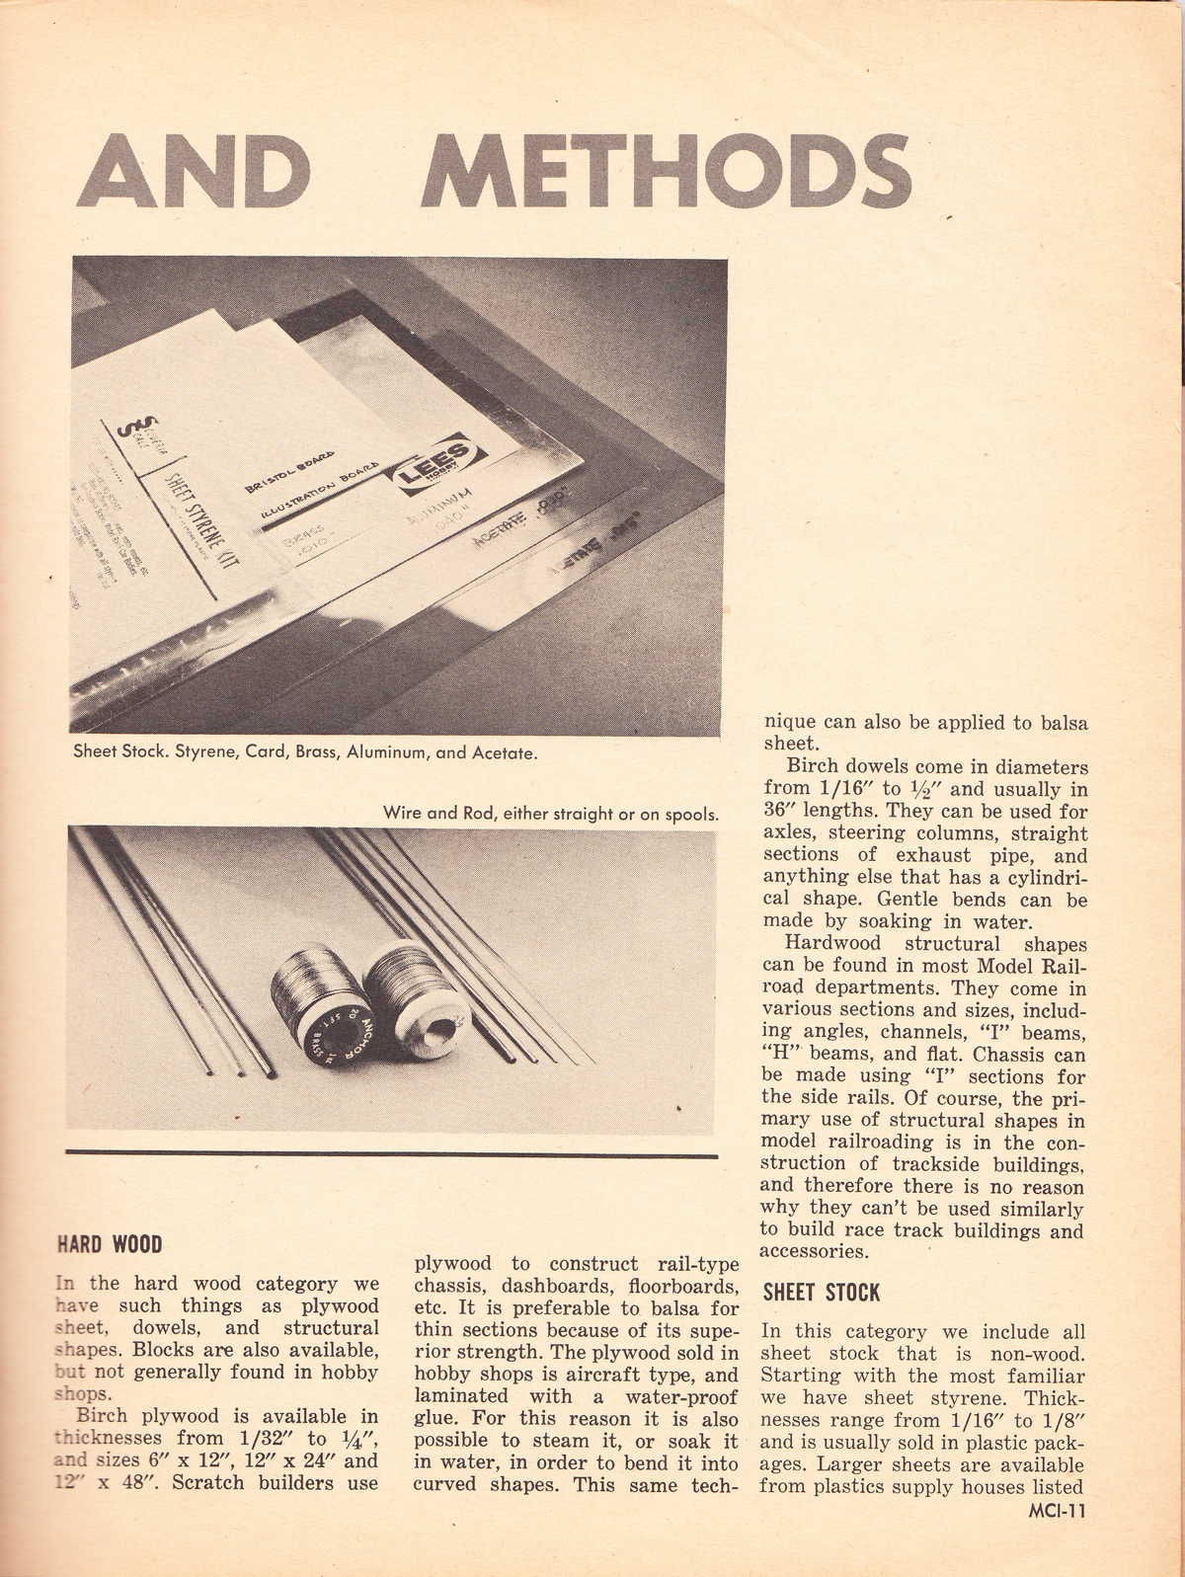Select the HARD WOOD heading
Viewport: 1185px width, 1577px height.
tap(110, 1244)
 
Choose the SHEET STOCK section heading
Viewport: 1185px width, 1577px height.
tap(821, 1293)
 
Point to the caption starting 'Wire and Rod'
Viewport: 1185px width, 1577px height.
tap(550, 815)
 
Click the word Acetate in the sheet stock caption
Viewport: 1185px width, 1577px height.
tap(506, 752)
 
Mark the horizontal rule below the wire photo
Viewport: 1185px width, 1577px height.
tap(391, 1153)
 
